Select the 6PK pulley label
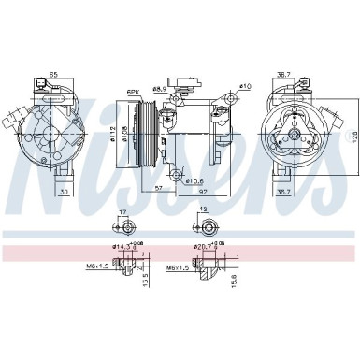point(134,92)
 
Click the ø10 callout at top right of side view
point(245,87)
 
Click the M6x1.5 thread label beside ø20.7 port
point(180,266)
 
